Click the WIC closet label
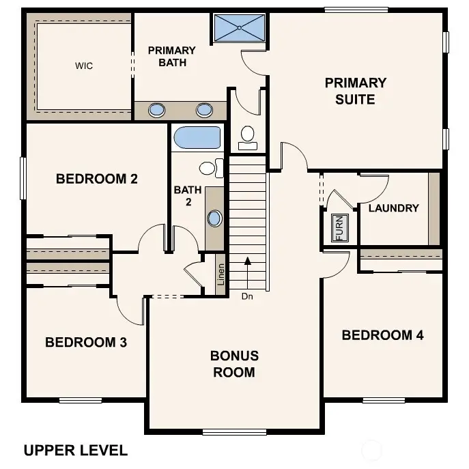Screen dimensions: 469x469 pos(84,66)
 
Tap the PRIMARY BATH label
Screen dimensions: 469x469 pos(171,57)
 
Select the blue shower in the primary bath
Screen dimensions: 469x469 pos(240,28)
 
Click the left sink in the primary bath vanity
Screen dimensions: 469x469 pos(157,110)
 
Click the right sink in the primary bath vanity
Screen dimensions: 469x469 pos(204,110)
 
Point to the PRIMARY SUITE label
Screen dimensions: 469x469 pos(355,91)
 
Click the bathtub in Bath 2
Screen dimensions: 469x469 pos(197,137)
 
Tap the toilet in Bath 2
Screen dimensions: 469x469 pos(210,167)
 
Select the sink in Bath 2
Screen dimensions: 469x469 pos(215,218)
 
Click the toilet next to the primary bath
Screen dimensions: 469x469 pos(248,136)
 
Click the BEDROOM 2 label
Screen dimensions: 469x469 pos(97,180)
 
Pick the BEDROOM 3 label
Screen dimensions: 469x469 pos(86,342)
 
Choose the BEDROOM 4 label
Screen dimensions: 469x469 pos(382,335)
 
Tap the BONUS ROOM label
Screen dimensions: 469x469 pos(234,364)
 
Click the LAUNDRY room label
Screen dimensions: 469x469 pos(393,208)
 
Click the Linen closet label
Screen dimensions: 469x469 pos(221,274)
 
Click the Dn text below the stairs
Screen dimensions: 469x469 pos(246,296)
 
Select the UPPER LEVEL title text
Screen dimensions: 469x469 pos(75,450)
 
